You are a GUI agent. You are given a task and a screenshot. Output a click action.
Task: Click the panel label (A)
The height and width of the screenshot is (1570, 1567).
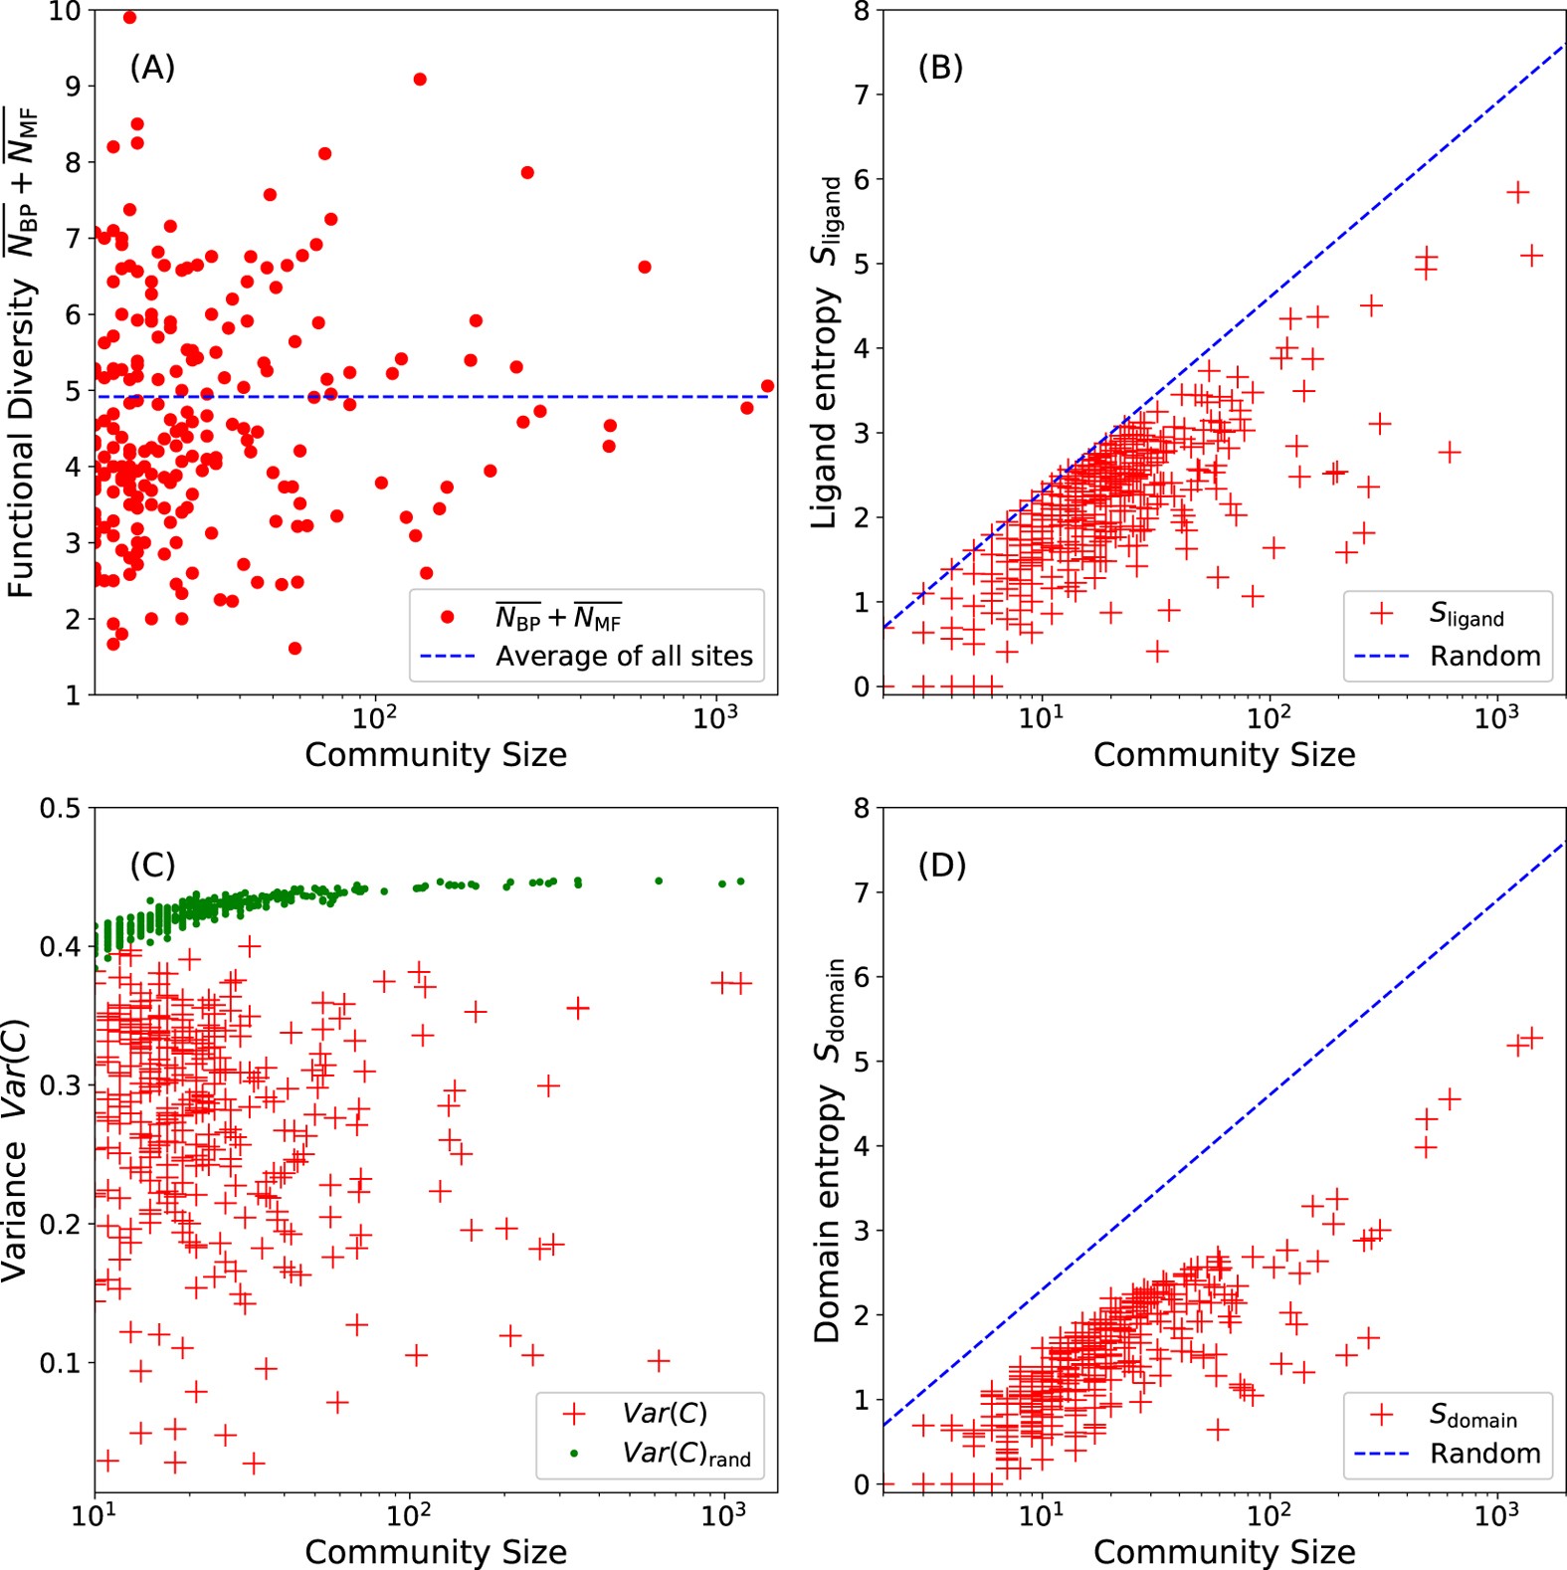point(152,68)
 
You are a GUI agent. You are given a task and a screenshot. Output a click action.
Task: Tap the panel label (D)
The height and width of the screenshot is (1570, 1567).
point(941,866)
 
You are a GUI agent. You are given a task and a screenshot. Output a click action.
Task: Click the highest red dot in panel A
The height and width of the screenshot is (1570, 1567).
point(129,18)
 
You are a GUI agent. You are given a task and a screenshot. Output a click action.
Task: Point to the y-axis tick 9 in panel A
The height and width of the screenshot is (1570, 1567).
point(73,87)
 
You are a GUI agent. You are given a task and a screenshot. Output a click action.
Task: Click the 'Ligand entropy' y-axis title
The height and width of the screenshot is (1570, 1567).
point(827,353)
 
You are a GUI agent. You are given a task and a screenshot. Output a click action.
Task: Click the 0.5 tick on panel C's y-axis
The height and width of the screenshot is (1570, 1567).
point(60,808)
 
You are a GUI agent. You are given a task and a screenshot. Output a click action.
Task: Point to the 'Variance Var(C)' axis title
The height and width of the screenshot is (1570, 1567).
point(16,1150)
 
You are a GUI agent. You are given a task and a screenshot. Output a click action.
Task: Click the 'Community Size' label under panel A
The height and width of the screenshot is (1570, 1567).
point(436,755)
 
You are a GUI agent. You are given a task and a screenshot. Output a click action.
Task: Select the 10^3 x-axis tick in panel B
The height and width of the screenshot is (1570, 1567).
point(1495,715)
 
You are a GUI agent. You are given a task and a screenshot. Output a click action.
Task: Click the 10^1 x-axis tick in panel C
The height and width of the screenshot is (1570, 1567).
point(94,1515)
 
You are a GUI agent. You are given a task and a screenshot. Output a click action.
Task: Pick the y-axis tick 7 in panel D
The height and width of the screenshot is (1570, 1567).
point(861,892)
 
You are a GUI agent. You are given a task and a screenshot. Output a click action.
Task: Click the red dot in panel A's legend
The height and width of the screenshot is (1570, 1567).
point(448,617)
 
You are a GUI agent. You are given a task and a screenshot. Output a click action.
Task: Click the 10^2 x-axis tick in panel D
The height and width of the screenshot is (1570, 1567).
point(1268,1515)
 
